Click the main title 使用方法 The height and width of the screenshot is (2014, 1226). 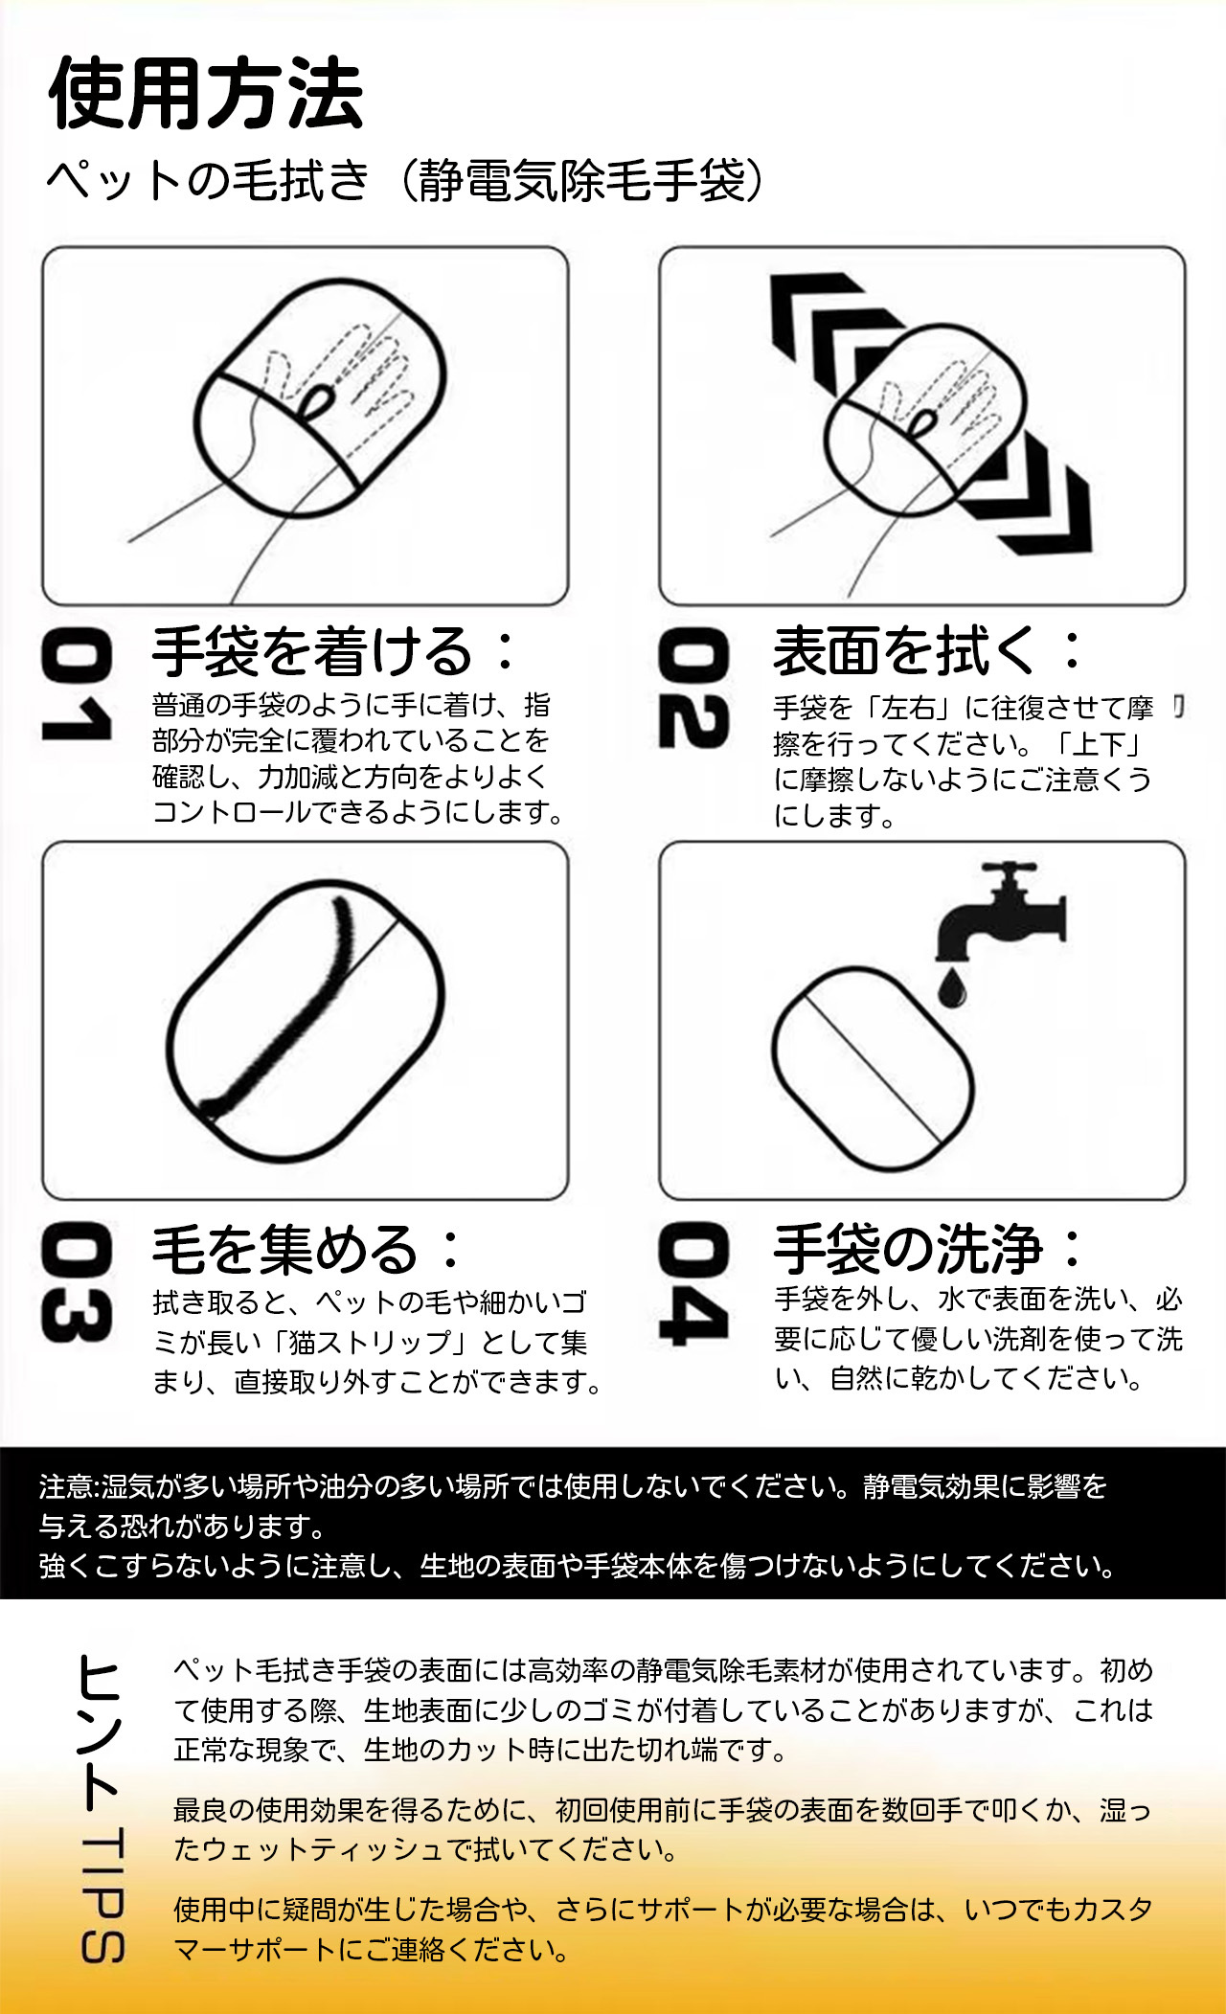point(206,93)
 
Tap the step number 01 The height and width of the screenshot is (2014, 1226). point(77,685)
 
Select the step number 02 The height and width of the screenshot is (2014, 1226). point(693,687)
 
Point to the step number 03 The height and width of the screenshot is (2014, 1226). point(77,1282)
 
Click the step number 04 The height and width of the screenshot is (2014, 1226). point(693,1283)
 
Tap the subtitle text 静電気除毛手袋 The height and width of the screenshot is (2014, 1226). point(582,180)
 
